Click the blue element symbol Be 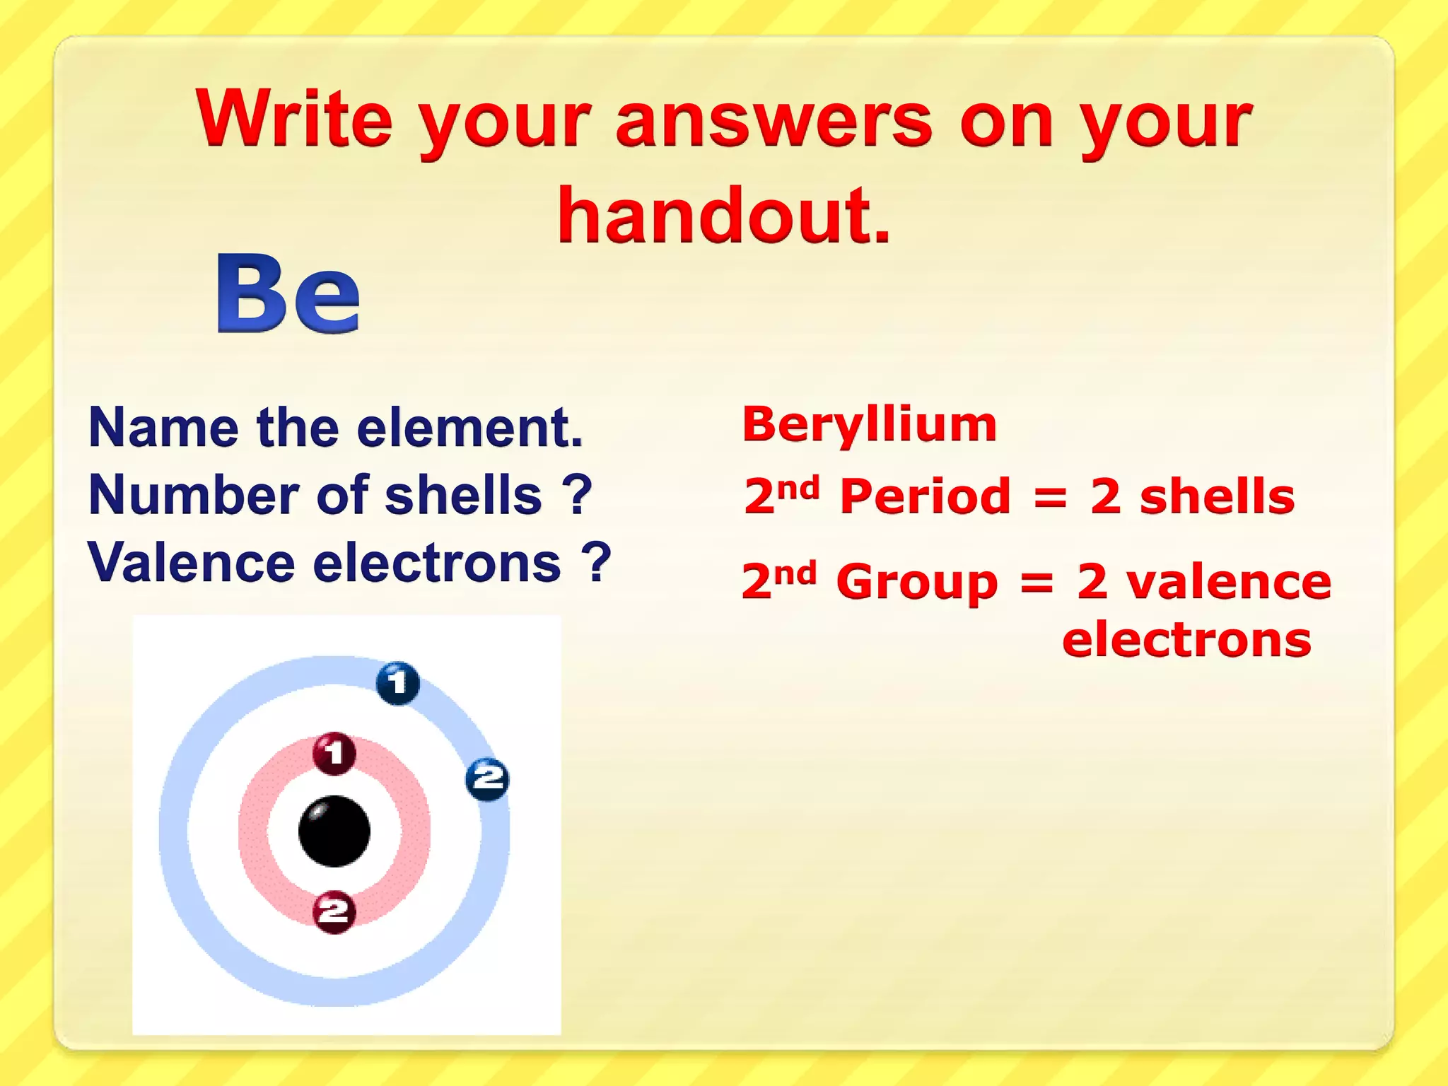click(x=288, y=293)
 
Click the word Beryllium click(x=869, y=425)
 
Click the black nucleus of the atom click(x=334, y=831)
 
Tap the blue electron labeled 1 click(x=397, y=683)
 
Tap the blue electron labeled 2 click(x=487, y=778)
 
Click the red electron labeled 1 click(x=334, y=752)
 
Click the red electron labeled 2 click(x=334, y=911)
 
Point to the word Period click(x=925, y=496)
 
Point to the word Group click(x=916, y=583)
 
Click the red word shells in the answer click(x=1217, y=496)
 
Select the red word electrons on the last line click(x=1186, y=640)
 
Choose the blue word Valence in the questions click(x=191, y=563)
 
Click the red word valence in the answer click(x=1229, y=583)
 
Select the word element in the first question click(x=470, y=428)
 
